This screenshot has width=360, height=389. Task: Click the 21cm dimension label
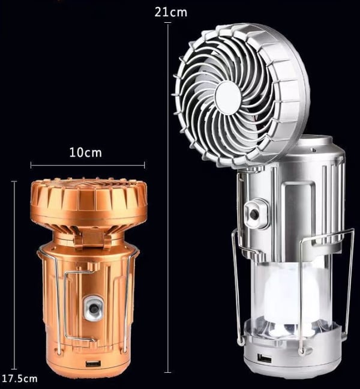[170, 12]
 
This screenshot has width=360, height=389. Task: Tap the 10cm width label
[85, 152]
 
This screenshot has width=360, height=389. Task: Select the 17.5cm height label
[19, 378]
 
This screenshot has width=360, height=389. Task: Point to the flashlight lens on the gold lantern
[92, 308]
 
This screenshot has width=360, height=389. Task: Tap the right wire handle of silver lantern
[349, 282]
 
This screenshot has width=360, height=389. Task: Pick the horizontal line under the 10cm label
[88, 164]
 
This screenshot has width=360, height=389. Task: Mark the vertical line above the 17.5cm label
[14, 270]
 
